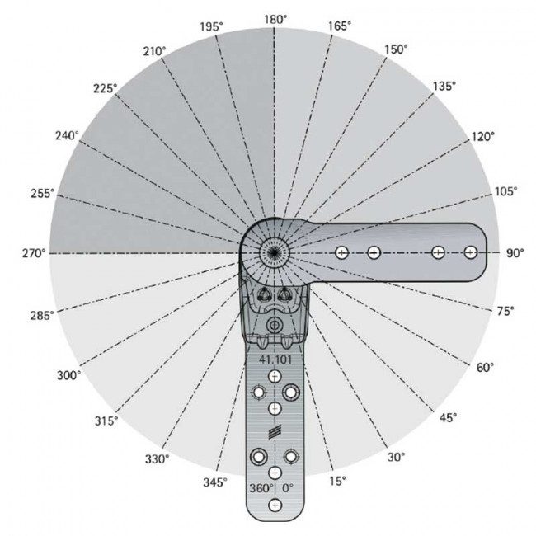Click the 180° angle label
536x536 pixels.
(275, 20)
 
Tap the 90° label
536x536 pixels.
(515, 253)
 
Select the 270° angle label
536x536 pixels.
(34, 253)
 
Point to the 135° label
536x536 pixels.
(444, 87)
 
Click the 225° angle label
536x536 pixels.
(105, 88)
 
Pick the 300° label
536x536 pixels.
(68, 375)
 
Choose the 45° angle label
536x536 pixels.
(448, 417)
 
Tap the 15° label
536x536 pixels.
(338, 481)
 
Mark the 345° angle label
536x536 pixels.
(215, 482)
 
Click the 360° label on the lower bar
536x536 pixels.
(261, 488)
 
